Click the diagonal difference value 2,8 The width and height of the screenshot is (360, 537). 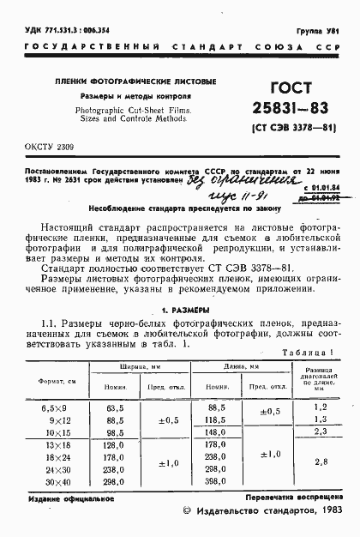tap(321, 462)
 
